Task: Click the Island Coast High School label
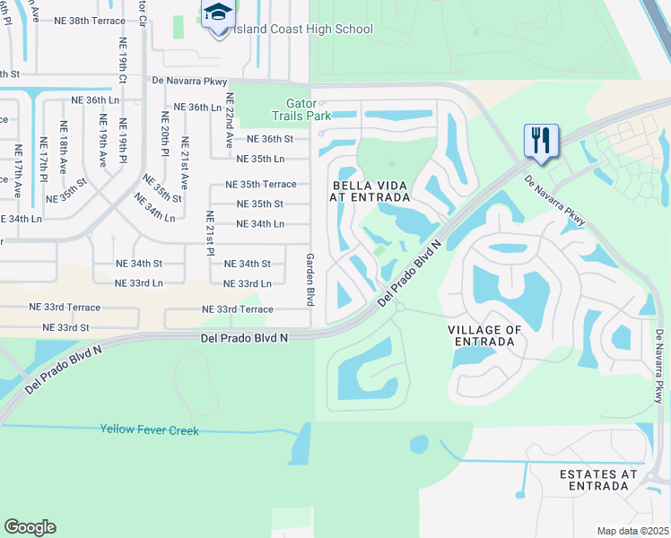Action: coord(303,30)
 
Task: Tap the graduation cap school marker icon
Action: coord(217,15)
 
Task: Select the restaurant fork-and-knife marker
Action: coord(541,140)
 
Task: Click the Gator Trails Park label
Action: coord(301,109)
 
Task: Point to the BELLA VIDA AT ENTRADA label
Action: coord(370,190)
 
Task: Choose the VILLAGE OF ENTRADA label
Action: coord(484,336)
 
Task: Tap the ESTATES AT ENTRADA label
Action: coord(598,480)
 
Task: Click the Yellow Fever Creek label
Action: coord(149,430)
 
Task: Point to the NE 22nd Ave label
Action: coord(230,121)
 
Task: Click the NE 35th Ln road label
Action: coord(260,159)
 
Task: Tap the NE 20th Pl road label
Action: coord(165,130)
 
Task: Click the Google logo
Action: coord(30,527)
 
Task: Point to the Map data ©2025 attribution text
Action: coord(632,531)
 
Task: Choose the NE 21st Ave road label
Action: coord(185,161)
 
